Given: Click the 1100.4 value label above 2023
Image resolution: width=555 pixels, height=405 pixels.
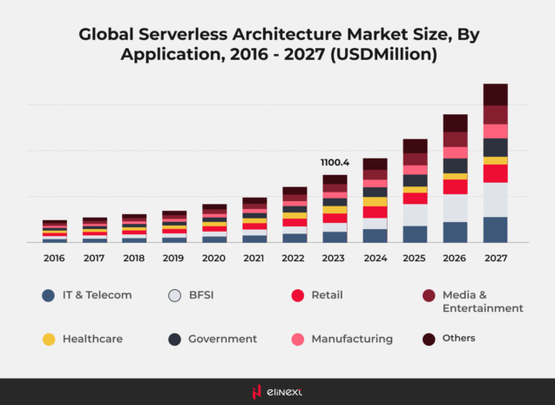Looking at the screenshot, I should [335, 162].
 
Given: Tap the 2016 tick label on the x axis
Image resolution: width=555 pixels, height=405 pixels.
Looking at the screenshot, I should [54, 259].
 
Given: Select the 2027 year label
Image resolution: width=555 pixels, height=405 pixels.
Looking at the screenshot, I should [495, 259].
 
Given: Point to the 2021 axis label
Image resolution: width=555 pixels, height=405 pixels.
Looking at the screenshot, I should [254, 259].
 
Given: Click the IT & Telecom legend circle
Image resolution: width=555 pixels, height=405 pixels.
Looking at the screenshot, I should [49, 295].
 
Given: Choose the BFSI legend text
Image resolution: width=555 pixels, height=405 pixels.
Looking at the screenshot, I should [205, 295].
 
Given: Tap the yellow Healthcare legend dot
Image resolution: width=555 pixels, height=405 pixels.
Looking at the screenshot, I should [49, 339].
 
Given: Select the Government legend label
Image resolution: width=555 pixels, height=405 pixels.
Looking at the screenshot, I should [222, 339].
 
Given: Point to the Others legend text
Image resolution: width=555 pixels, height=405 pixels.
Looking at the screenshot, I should [458, 338].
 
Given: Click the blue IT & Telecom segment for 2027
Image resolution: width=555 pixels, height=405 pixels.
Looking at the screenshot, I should [495, 229].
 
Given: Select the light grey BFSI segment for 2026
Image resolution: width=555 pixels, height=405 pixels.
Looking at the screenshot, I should [455, 207].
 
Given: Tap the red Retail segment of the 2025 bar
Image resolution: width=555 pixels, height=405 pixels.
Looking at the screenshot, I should [415, 199].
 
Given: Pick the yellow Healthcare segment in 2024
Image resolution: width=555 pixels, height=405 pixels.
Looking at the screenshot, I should [375, 201].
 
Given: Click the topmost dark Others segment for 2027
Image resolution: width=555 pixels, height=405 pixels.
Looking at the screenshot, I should [495, 94].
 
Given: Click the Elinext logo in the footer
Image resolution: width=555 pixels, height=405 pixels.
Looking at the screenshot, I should [277, 392].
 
